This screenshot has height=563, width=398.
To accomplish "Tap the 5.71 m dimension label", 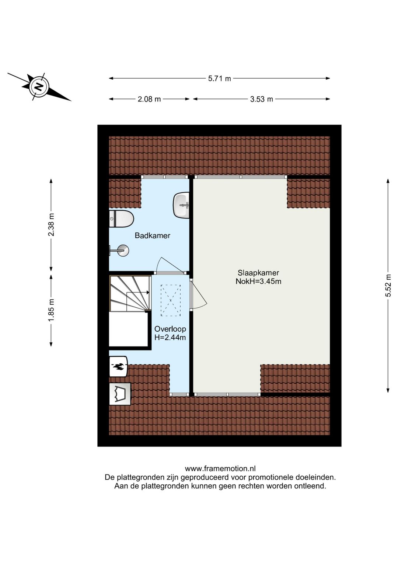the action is pyautogui.click(x=219, y=79).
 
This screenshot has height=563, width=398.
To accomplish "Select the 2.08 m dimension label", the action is pyautogui.click(x=149, y=99).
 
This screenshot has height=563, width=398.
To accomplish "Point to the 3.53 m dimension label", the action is pyautogui.click(x=261, y=99).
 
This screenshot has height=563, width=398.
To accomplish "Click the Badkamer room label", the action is pyautogui.click(x=153, y=235).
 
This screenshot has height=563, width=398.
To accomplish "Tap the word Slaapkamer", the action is pyautogui.click(x=258, y=273).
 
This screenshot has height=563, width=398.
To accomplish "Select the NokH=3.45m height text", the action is pyautogui.click(x=258, y=281).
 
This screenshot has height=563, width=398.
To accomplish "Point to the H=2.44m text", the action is pyautogui.click(x=170, y=337).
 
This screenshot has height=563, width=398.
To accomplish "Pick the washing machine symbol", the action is pyautogui.click(x=120, y=394).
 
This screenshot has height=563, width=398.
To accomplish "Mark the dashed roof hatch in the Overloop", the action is pyautogui.click(x=171, y=300).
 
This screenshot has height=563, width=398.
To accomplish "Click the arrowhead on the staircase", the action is pyautogui.click(x=148, y=292).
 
